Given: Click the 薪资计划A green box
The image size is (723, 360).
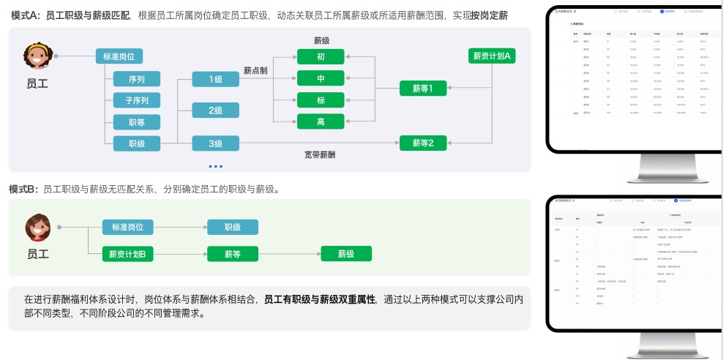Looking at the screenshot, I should pos(492,56).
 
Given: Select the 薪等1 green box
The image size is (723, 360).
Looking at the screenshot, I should pos(423,89).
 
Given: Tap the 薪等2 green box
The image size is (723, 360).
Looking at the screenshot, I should pos(423,143).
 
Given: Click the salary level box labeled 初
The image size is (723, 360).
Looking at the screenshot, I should pos(321,56).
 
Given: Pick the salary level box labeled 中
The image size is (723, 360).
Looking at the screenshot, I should pos(321,78).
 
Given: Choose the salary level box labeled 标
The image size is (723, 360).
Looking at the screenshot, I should pos(321,100).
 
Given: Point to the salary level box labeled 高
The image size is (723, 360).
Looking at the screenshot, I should pos(321,122).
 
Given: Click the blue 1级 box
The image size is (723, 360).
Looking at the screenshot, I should pos(215,78).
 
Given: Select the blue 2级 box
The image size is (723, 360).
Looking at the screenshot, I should pos(215,110).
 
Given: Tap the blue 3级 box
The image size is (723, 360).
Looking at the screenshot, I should pos(215,143).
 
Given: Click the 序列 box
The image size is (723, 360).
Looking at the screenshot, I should pos(137,78).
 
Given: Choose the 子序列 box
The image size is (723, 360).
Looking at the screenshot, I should pos(137,100).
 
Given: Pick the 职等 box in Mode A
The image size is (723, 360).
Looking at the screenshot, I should pos(137,122).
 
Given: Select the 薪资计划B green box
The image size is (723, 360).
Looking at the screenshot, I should pos(127,254).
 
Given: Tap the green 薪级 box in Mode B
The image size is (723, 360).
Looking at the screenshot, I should pos(345,254).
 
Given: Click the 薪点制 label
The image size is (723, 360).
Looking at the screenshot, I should pos(255,70).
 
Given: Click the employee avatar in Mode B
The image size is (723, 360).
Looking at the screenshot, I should pos(38,228).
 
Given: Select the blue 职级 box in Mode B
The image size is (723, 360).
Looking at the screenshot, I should pos(233,228).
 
